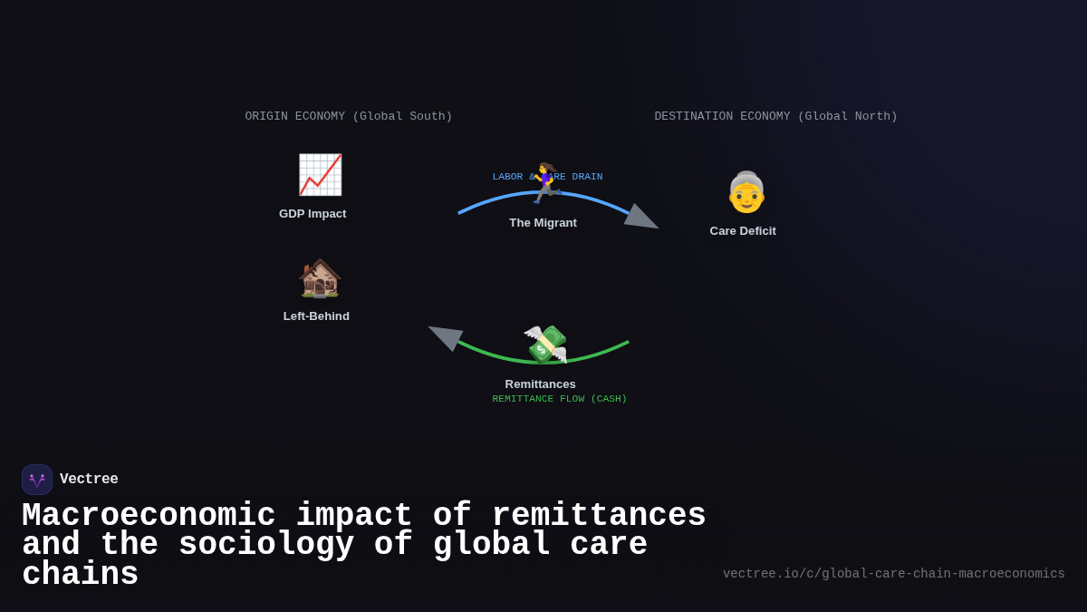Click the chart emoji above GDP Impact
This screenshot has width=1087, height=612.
tap(320, 175)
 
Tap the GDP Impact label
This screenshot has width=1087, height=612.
tap(313, 214)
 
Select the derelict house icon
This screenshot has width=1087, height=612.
tap(320, 277)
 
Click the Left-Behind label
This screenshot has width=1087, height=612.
tap(316, 316)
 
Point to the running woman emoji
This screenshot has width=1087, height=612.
tap(545, 183)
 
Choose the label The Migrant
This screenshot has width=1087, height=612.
tap(543, 223)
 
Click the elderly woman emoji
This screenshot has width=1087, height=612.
tap(746, 192)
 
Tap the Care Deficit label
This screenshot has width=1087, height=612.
tap(743, 231)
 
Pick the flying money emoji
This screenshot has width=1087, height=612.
tap(545, 344)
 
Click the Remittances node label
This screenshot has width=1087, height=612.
tap(541, 384)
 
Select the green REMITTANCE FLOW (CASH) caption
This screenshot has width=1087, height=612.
tap(560, 399)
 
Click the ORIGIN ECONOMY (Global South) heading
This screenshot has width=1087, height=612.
tap(349, 116)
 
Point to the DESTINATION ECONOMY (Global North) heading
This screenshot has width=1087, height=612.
tap(776, 116)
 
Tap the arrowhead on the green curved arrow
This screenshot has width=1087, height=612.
tap(445, 335)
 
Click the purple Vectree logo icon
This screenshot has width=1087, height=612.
tap(37, 480)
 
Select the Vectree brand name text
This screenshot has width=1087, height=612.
tap(89, 480)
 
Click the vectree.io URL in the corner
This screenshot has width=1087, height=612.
tap(894, 574)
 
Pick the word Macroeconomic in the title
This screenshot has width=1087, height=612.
tap(149, 516)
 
